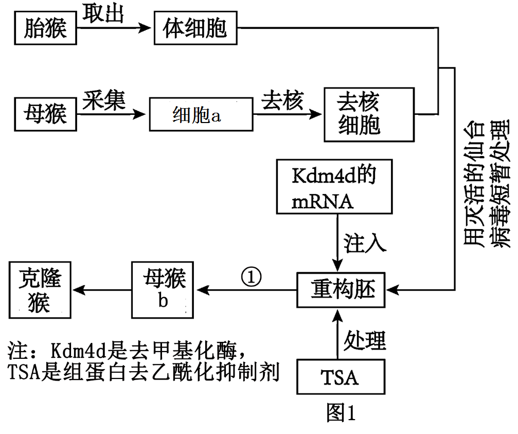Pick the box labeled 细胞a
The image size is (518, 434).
pos(200,114)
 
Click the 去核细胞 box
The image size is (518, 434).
pos(368,114)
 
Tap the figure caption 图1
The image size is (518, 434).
pos(341,412)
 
